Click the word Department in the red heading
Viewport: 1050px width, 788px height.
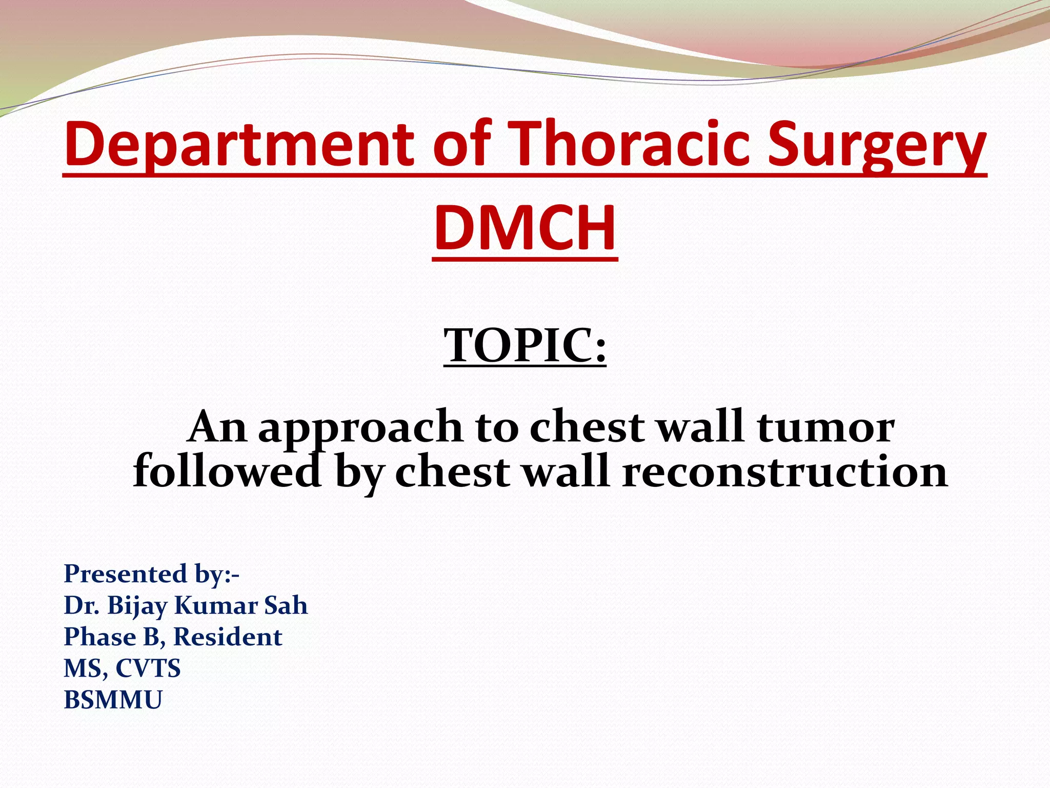point(238,145)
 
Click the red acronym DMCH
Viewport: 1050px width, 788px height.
point(525,228)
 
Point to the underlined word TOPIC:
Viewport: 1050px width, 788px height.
point(525,345)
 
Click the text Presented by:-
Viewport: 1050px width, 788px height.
point(151,574)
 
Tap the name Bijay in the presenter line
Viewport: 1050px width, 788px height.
point(137,606)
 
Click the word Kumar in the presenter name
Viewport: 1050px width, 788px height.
point(215,605)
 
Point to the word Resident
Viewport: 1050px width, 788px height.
point(228,637)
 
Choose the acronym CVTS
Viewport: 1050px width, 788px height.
point(148,668)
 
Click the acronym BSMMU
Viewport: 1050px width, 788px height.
point(113,700)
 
